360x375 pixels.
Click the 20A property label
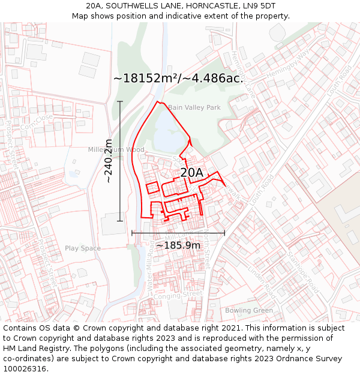click(x=191, y=173)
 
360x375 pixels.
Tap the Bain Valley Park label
click(x=194, y=107)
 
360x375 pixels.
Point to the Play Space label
click(x=83, y=248)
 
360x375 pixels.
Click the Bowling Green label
click(x=248, y=310)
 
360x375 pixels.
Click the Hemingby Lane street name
click(x=242, y=77)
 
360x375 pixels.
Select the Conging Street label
click(x=177, y=295)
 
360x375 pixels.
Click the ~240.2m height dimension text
click(x=108, y=161)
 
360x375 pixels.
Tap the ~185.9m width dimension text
click(x=178, y=245)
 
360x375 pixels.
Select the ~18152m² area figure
click(x=149, y=79)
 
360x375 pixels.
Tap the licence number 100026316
click(x=25, y=368)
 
